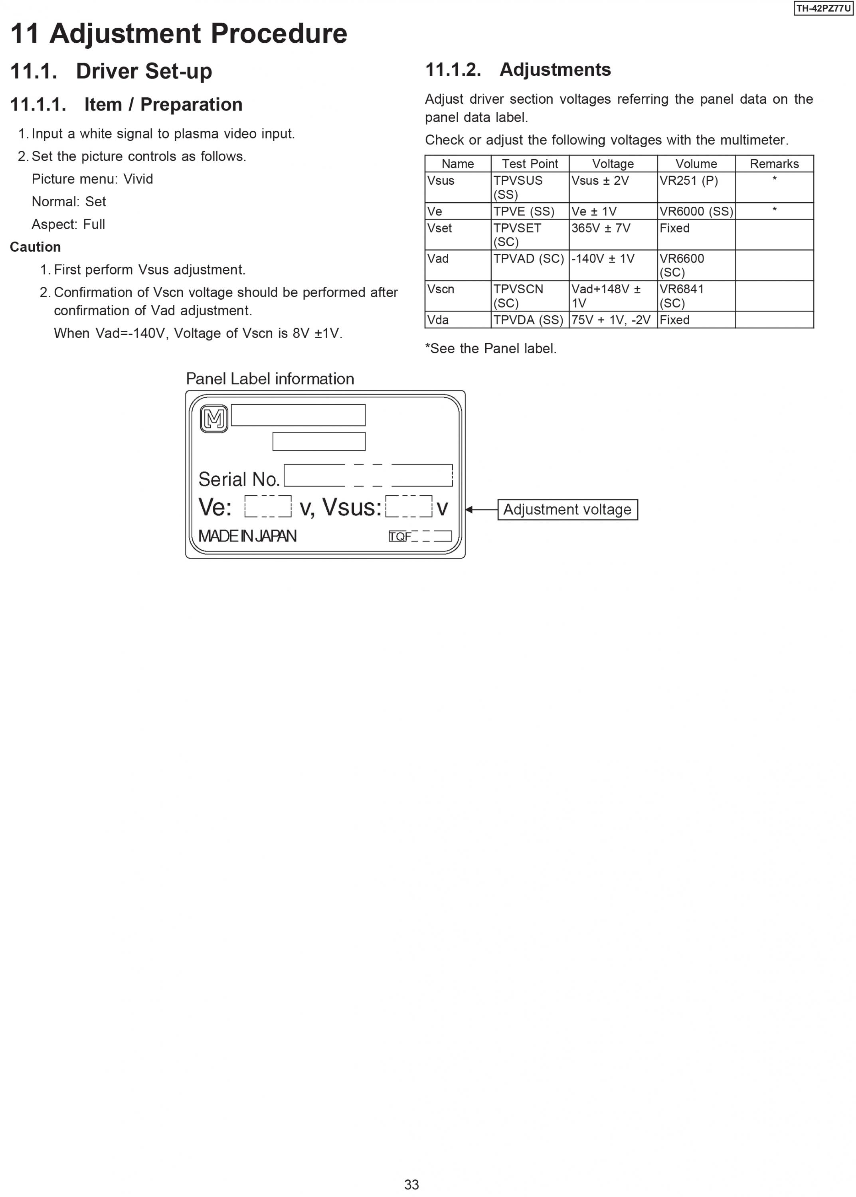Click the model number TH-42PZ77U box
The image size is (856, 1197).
click(x=823, y=8)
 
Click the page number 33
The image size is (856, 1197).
click(x=411, y=1184)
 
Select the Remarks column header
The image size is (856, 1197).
click(x=774, y=164)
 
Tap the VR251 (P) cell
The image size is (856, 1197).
click(x=688, y=181)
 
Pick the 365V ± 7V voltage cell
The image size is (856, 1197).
click(x=601, y=228)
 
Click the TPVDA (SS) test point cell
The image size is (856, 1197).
click(x=528, y=320)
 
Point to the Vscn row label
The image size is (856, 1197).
click(x=441, y=289)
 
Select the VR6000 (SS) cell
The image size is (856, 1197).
click(x=696, y=211)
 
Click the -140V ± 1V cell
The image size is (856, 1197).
click(x=603, y=259)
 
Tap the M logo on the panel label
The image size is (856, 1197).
click(x=214, y=419)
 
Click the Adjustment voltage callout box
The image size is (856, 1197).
click(x=567, y=510)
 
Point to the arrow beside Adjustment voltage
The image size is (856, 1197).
click(x=481, y=510)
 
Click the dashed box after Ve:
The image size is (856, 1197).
click(x=268, y=506)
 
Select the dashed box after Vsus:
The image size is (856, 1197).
click(x=409, y=506)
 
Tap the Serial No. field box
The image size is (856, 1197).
click(x=368, y=475)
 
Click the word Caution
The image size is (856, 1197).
click(x=35, y=247)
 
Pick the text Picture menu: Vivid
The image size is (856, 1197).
click(x=92, y=179)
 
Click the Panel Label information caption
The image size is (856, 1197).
click(x=270, y=379)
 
